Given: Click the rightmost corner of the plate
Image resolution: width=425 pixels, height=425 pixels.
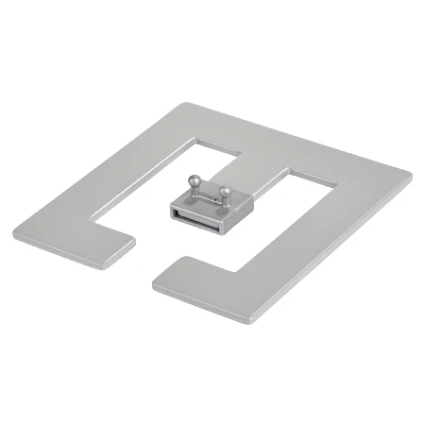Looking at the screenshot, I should click(x=411, y=176).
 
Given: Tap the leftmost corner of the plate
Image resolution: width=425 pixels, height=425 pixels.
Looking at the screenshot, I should click(x=14, y=231).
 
